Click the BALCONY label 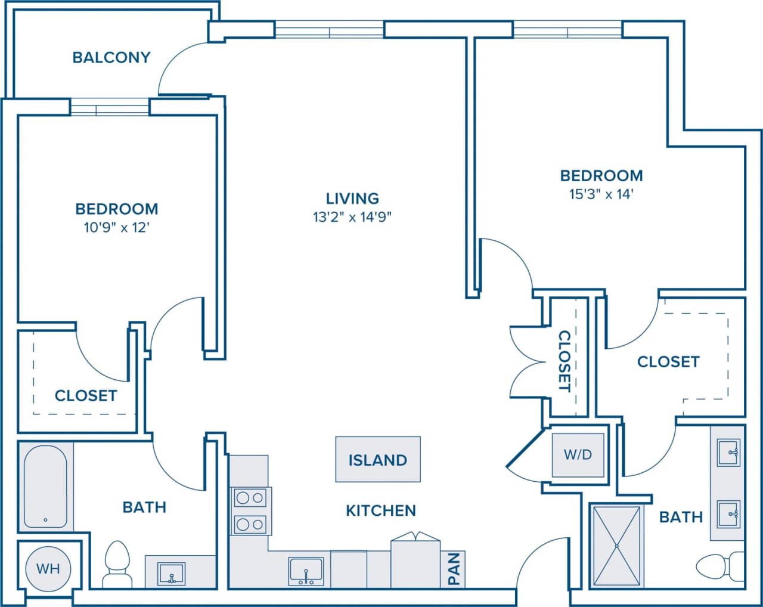[x=111, y=57]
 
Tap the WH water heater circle [x=48, y=568]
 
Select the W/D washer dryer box [x=578, y=454]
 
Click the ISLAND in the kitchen [x=377, y=460]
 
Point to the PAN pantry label [x=453, y=569]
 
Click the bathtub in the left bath [x=45, y=487]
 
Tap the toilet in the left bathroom [x=116, y=564]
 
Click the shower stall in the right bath [x=616, y=546]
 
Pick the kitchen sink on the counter [x=306, y=571]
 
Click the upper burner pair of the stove [x=250, y=497]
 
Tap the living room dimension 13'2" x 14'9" [x=352, y=217]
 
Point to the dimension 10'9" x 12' [x=116, y=227]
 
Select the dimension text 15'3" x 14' [x=601, y=194]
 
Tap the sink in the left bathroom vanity [x=172, y=574]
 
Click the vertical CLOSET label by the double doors [x=564, y=361]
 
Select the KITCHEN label [x=381, y=510]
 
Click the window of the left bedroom [x=110, y=107]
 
